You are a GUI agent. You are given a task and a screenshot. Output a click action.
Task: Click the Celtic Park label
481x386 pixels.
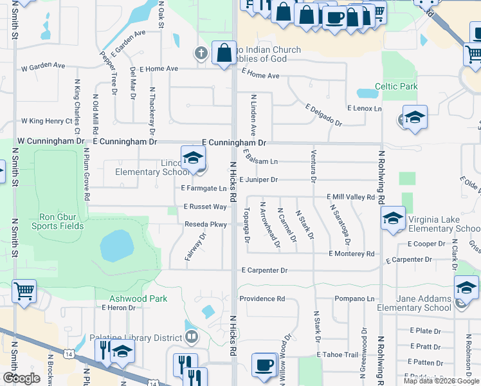tap(396, 86)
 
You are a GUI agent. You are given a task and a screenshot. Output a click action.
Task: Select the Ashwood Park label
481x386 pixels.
tap(138, 299)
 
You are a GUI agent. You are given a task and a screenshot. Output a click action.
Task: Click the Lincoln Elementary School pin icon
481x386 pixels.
tap(193, 158)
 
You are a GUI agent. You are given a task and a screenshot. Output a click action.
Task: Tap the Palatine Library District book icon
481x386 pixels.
tap(192, 337)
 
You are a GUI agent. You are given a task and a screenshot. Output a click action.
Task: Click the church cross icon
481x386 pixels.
tap(201, 54)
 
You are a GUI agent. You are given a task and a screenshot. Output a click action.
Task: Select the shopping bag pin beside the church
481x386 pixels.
tap(224, 53)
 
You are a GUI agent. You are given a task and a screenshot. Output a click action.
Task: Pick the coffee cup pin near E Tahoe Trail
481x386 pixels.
tap(264, 365)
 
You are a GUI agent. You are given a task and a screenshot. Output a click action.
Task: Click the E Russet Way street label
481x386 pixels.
tap(205, 207)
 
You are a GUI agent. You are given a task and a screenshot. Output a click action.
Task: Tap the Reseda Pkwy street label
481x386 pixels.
tap(206, 225)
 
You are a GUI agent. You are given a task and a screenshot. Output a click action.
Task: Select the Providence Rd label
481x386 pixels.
tap(262, 299)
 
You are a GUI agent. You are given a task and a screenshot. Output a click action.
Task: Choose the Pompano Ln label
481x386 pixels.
tap(354, 299)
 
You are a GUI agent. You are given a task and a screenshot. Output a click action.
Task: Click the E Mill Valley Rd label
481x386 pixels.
tap(350, 197)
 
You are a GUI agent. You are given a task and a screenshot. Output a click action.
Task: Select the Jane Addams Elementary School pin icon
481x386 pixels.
tap(466, 287)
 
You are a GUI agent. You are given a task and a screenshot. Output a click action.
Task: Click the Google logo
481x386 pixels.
tap(21, 378)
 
